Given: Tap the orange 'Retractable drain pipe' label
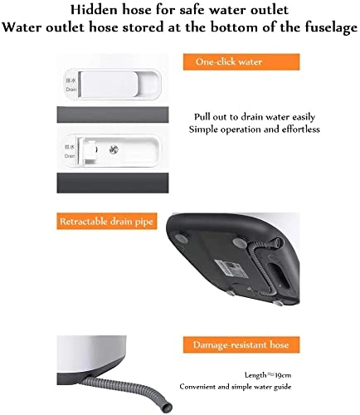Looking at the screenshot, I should tap(104, 221).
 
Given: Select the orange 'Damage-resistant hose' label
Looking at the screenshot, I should tap(241, 344).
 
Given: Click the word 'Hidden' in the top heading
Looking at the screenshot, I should tap(97, 10).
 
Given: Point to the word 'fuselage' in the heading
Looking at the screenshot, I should tap(322, 27).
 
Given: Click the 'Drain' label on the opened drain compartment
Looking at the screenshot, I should tap(72, 150).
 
